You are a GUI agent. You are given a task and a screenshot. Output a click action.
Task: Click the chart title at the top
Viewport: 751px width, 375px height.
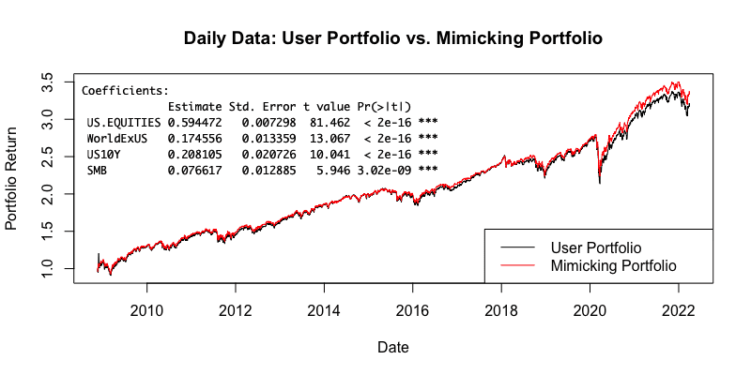pos(392,37)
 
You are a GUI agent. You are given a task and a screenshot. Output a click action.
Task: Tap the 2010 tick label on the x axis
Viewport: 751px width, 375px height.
pos(147,311)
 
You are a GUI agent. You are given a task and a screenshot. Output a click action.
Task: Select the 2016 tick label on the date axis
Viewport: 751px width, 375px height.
pos(412,311)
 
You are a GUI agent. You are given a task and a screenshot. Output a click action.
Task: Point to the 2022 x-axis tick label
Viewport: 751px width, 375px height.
pos(678,311)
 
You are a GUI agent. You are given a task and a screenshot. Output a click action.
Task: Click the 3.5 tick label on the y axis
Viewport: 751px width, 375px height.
pos(52,82)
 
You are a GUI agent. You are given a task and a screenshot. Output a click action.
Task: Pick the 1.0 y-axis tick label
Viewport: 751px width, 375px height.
pos(52,268)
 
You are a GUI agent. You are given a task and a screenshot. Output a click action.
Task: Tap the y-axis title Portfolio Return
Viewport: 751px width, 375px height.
pos(11,178)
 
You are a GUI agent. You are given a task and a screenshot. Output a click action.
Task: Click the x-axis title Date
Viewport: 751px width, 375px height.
pos(393,347)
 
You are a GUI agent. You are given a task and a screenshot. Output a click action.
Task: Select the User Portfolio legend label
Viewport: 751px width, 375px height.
pos(596,247)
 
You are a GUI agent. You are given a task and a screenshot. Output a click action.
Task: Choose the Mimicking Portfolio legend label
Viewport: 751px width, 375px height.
pos(614,265)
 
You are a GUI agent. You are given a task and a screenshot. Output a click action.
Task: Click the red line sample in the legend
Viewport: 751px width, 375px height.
pos(517,265)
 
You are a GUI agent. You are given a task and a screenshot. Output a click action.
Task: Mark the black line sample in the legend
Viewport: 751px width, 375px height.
pos(517,247)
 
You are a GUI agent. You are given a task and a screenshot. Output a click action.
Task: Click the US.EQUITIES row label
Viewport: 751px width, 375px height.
pos(124,123)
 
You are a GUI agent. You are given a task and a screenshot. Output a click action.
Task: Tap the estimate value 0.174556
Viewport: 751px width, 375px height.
pos(194,138)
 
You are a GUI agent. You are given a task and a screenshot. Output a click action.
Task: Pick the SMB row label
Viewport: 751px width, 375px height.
pos(97,170)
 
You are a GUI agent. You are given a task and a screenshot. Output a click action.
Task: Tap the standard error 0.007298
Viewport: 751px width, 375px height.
pos(268,123)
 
